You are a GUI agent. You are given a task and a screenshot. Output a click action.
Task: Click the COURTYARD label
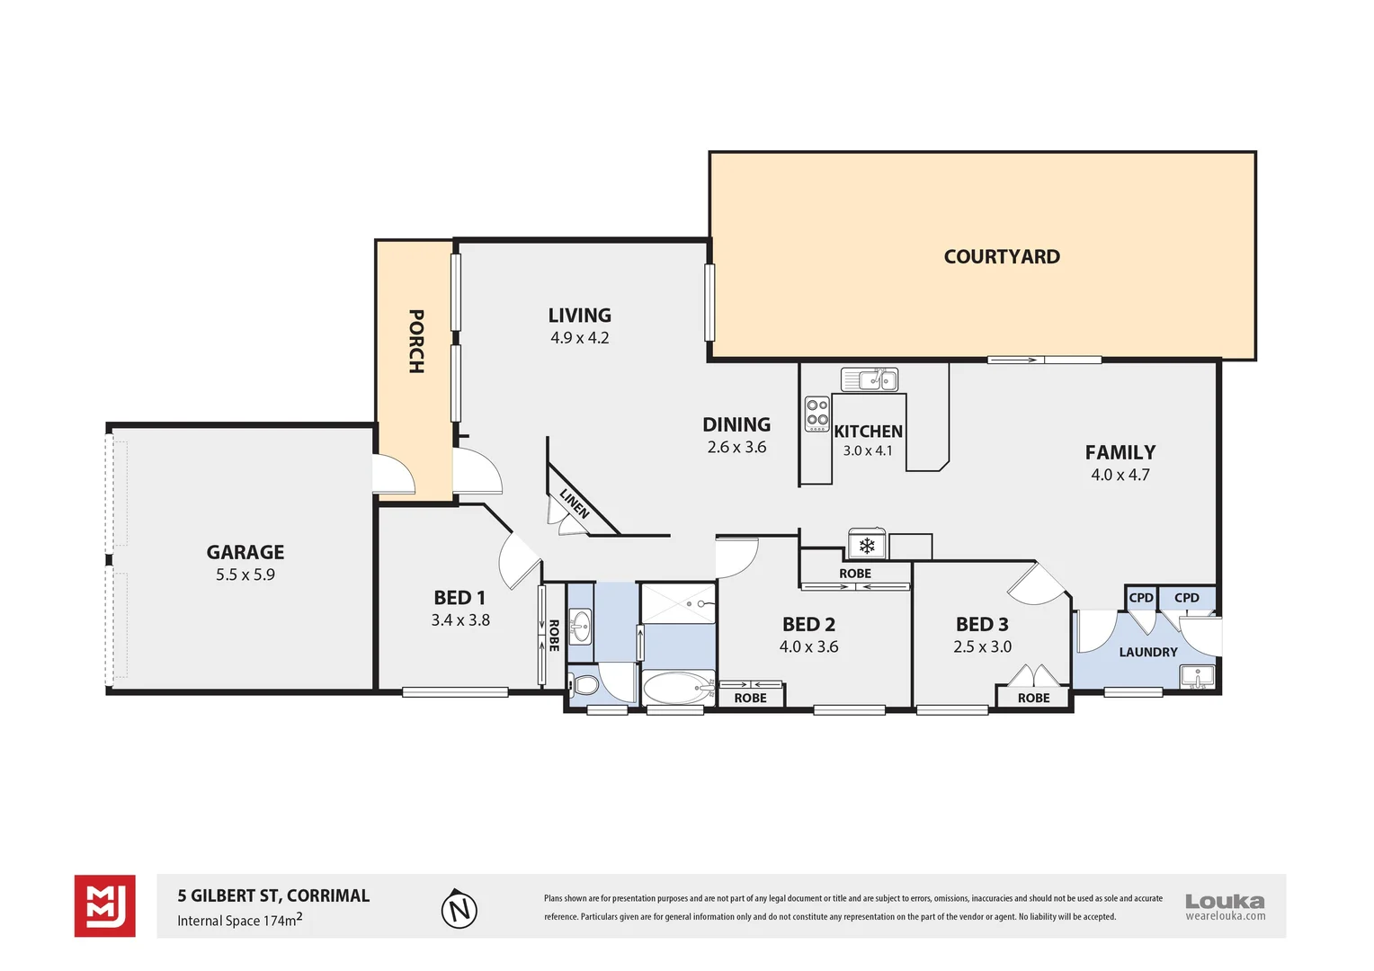coord(1002,257)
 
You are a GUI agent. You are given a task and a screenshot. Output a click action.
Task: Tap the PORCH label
coord(415,342)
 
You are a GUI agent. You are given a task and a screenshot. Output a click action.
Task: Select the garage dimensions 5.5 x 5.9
coord(245,575)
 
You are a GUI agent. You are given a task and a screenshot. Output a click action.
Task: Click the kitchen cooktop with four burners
coord(816,414)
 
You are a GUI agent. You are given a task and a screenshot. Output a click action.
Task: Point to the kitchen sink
coord(870,379)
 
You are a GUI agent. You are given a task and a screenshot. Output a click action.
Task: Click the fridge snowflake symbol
coord(867,546)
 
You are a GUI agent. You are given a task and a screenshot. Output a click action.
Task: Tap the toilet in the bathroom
coord(584,686)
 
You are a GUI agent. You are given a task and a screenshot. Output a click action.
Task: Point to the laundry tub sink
coord(1197,676)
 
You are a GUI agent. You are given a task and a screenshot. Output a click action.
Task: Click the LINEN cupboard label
coord(575,503)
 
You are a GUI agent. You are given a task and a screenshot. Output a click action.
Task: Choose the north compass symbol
coord(459,909)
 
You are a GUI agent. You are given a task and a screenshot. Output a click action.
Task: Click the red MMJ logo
coord(105,906)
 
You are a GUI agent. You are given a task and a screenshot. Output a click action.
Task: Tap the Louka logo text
coord(1225,901)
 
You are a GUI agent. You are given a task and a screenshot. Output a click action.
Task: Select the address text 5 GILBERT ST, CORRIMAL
coord(273,895)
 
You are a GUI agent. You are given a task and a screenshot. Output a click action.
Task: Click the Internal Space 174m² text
coord(239,921)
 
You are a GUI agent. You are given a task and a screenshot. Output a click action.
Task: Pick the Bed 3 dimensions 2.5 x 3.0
coord(982,646)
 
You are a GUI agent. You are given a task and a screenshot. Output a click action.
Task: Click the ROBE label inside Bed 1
coord(553,636)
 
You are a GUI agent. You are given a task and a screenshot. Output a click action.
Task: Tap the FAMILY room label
coord(1120,452)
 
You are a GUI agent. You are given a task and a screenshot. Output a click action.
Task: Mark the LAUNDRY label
coord(1147,652)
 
